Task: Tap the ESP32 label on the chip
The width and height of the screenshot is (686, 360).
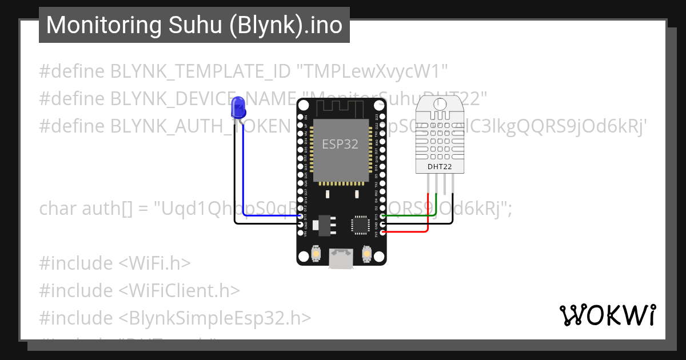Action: (x=340, y=144)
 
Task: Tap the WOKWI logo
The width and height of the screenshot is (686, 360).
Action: (x=607, y=315)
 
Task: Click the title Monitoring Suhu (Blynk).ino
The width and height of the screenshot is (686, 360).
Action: (x=194, y=25)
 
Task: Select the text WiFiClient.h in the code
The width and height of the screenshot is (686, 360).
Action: (x=180, y=290)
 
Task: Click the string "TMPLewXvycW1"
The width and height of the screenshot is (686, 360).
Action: (x=372, y=71)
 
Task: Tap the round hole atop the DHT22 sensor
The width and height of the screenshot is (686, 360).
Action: (x=440, y=104)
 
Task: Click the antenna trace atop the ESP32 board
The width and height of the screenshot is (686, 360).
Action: (x=340, y=106)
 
